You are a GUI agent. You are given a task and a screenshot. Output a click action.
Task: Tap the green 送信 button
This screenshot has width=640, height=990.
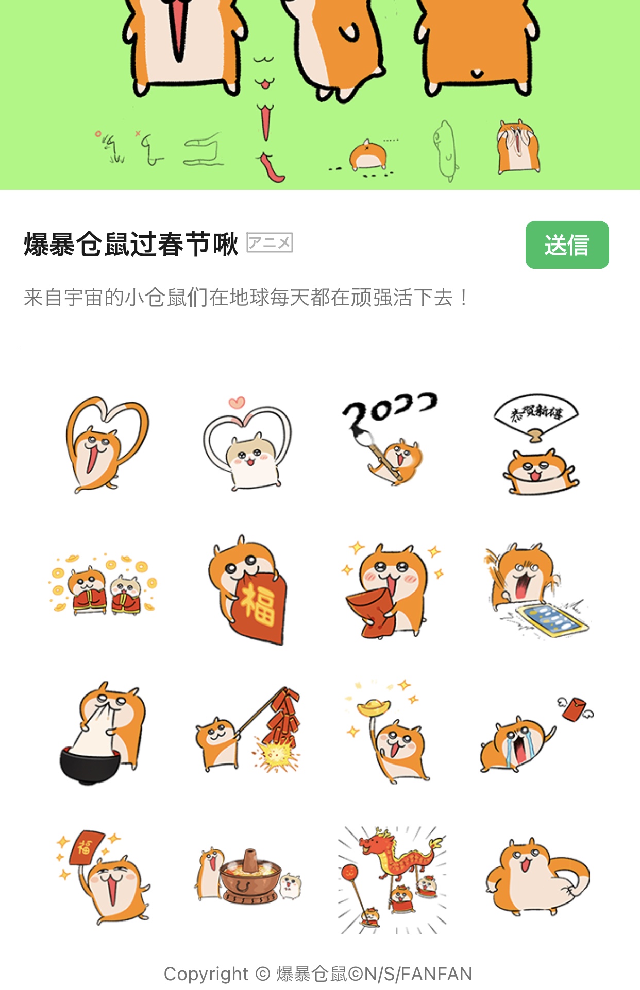click(x=567, y=245)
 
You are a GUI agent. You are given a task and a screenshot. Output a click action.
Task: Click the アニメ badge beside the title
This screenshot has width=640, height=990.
click(x=270, y=242)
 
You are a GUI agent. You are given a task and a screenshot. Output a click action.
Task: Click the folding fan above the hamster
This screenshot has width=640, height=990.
click(x=536, y=415)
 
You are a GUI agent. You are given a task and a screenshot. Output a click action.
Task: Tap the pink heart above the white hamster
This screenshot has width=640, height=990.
click(x=237, y=402)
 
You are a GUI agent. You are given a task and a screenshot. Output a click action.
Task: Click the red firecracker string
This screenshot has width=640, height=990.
click(x=281, y=716)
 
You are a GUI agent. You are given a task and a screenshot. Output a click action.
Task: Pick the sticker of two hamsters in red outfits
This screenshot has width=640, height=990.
click(x=103, y=584)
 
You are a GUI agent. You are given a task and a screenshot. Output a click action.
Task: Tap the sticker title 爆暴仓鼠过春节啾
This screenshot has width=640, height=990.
click(x=131, y=244)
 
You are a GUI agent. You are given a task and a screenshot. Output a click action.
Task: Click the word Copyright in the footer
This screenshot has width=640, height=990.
click(x=206, y=974)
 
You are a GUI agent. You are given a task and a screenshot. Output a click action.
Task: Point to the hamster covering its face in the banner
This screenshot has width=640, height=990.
click(x=518, y=146)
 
